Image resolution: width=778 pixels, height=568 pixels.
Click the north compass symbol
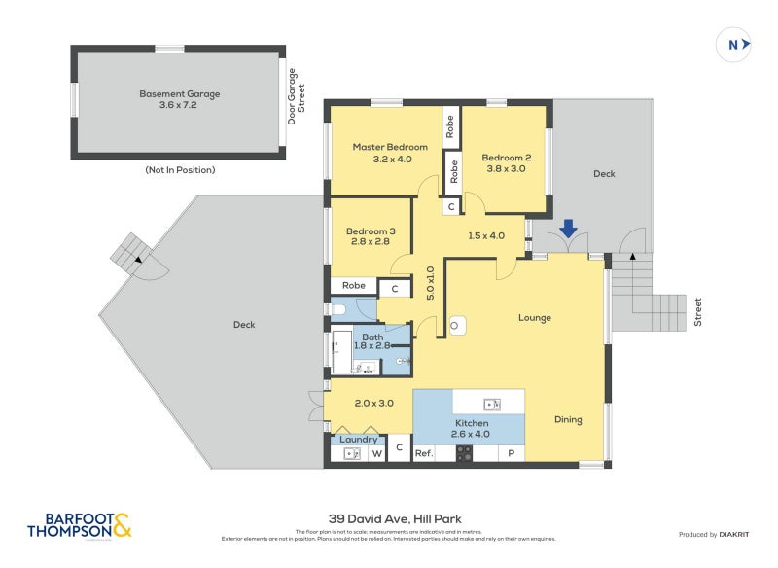pyautogui.click(x=737, y=44)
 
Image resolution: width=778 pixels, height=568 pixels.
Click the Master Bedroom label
pyautogui.click(x=389, y=153)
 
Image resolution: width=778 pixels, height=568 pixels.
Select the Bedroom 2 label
pyautogui.click(x=506, y=162)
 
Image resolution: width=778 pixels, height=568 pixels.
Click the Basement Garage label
pyautogui.click(x=180, y=99)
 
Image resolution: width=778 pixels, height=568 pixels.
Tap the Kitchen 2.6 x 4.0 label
pyautogui.click(x=471, y=429)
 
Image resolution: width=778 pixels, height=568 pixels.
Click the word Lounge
pyautogui.click(x=535, y=318)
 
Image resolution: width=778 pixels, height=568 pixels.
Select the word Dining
pyautogui.click(x=568, y=420)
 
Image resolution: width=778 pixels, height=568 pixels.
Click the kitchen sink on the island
pyautogui.click(x=490, y=404)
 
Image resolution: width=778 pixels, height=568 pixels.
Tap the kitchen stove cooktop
pyautogui.click(x=464, y=453)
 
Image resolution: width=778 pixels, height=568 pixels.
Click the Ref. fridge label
pyautogui.click(x=424, y=454)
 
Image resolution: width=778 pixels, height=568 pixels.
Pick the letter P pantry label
pyautogui.click(x=511, y=454)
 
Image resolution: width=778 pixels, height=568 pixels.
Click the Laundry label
pyautogui.click(x=359, y=440)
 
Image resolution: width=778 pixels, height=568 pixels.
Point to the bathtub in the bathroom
pyautogui.click(x=341, y=352)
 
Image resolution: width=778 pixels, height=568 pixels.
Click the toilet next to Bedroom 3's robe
pyautogui.click(x=338, y=310)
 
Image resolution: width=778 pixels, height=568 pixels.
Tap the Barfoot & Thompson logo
pyautogui.click(x=80, y=525)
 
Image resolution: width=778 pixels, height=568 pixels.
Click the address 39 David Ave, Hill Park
pyautogui.click(x=389, y=519)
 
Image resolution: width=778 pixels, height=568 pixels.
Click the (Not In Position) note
pyautogui.click(x=180, y=170)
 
